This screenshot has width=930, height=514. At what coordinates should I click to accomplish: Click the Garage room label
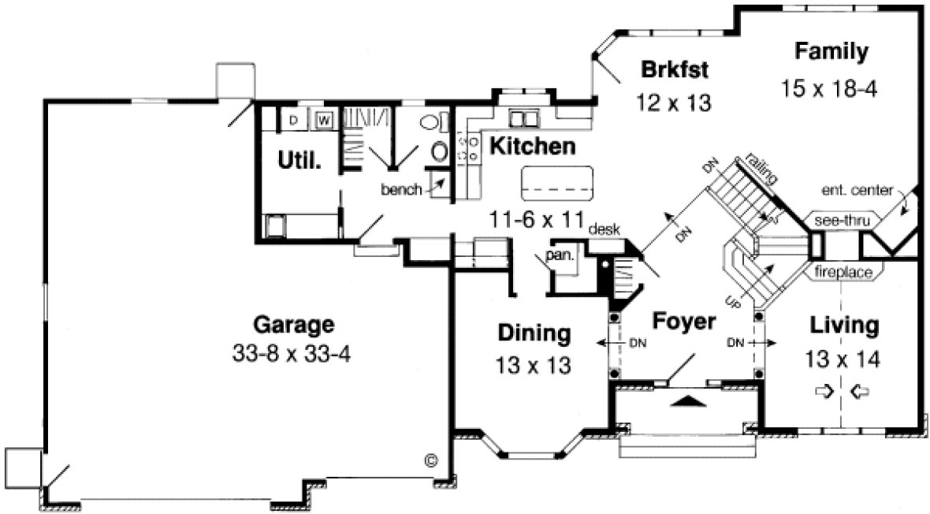pyautogui.click(x=294, y=325)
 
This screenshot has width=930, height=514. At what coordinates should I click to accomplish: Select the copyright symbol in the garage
pyautogui.click(x=431, y=459)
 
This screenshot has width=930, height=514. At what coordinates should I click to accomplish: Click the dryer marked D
pyautogui.click(x=293, y=120)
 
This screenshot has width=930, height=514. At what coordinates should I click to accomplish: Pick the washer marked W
pyautogui.click(x=323, y=120)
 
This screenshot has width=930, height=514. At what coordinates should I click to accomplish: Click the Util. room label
pyautogui.click(x=299, y=161)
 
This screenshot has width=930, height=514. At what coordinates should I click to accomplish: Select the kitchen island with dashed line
pyautogui.click(x=556, y=184)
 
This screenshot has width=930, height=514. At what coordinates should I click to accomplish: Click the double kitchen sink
pyautogui.click(x=523, y=118)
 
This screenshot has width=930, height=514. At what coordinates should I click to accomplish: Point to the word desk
pyautogui.click(x=604, y=229)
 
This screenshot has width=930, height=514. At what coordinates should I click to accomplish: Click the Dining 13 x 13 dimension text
pyautogui.click(x=533, y=366)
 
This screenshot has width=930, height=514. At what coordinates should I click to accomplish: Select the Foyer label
pyautogui.click(x=683, y=322)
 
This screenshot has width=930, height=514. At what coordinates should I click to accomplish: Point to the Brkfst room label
pyautogui.click(x=675, y=69)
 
